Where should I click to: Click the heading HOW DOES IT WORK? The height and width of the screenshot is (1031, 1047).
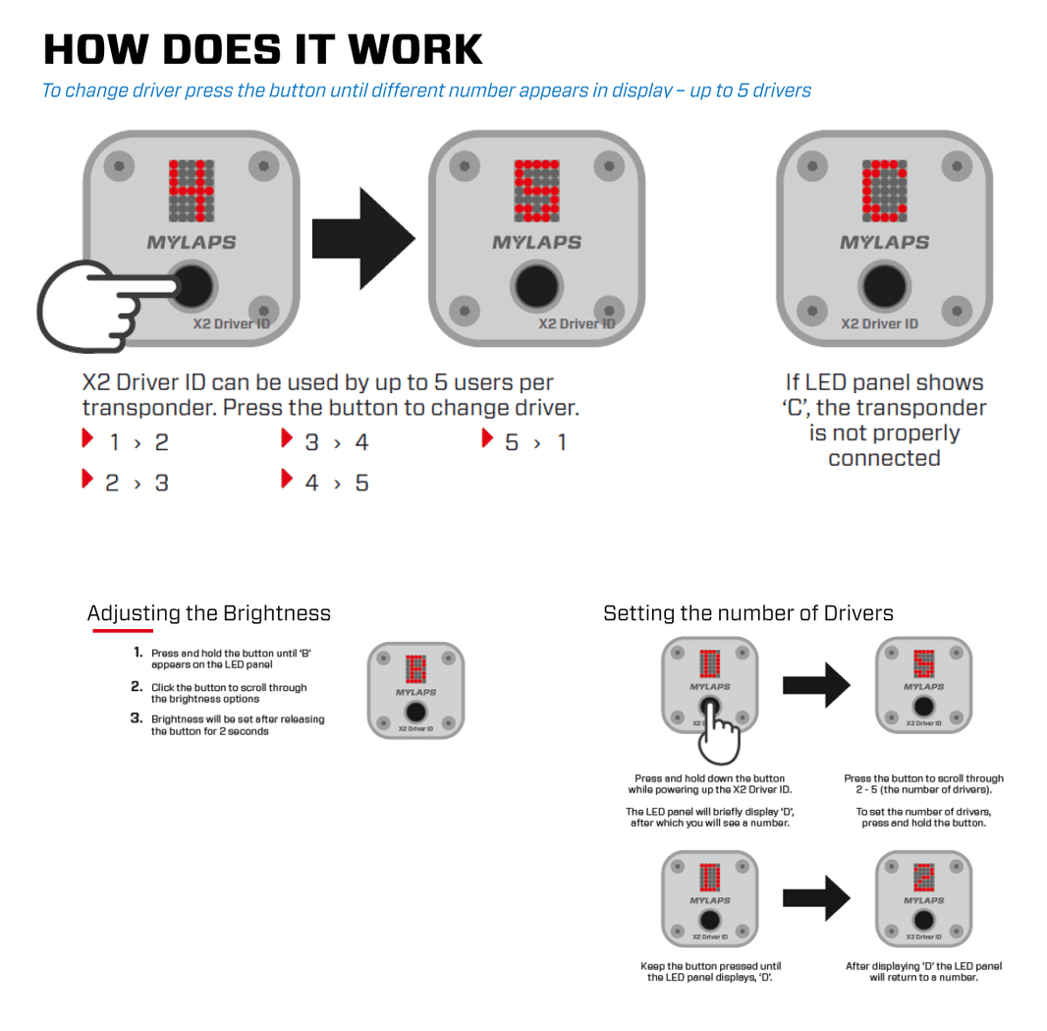[x=263, y=49]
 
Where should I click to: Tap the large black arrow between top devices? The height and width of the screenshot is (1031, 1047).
[x=362, y=239]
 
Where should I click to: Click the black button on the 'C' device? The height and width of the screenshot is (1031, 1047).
[x=884, y=286]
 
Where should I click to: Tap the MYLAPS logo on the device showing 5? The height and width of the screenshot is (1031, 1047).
[x=536, y=242]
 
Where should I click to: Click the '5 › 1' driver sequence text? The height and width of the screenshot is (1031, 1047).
[x=535, y=442]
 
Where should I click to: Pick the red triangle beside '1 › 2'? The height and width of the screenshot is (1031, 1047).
[x=88, y=438]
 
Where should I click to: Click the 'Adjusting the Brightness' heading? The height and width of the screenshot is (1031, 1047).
[x=209, y=613]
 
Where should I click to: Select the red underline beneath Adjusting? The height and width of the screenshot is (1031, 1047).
[x=122, y=631]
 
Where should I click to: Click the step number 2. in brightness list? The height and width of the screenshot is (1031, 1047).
[x=138, y=687]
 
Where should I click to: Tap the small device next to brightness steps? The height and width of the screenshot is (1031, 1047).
[x=415, y=691]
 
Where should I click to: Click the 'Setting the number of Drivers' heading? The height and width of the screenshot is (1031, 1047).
[x=748, y=613]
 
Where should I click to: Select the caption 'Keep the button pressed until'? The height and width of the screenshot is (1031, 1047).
[x=710, y=966]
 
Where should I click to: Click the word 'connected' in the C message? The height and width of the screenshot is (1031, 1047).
[x=884, y=458]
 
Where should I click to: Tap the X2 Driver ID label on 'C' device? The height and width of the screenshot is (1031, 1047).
[x=879, y=323]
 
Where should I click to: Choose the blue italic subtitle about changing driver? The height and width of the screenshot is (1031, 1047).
[x=426, y=90]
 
